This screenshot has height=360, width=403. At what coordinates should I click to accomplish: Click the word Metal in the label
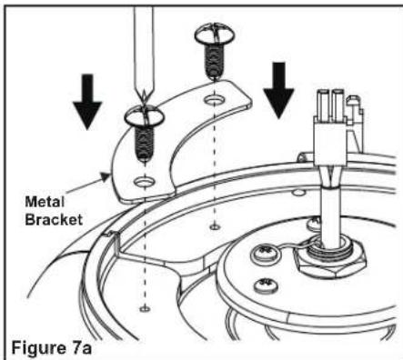pos(45,202)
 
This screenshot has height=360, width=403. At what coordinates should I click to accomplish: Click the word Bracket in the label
pos(54,219)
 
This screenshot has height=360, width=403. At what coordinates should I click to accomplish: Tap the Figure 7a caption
pos(51,347)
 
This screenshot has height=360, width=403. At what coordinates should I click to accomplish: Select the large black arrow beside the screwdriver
pos(87,102)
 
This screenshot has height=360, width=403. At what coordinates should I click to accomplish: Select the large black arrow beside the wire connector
pos(278,90)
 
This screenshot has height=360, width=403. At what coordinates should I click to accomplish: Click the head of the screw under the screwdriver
pos(145,116)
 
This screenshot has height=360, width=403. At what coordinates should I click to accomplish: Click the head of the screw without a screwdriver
pos(215,35)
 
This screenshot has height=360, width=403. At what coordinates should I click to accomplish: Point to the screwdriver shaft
pos(144,53)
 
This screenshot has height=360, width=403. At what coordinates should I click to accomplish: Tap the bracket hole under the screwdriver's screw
pos(145,182)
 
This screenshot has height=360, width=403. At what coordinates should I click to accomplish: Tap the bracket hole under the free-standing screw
pos(215,99)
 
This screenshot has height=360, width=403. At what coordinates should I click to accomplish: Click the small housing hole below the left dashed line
pos(145,309)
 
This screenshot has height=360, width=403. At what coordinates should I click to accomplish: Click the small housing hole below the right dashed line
pos(215,226)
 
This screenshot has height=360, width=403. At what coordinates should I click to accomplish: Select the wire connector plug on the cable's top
pos(337,127)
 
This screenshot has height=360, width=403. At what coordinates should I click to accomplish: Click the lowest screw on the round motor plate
pos(267,285)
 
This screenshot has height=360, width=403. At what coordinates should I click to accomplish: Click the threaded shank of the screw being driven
pos(145,144)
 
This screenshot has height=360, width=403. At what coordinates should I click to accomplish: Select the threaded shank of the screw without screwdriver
pos(215,62)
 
